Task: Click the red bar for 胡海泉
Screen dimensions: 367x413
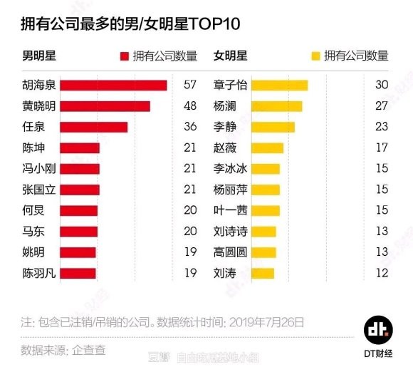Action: pos(113,86)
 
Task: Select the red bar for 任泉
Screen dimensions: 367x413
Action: pos(93,127)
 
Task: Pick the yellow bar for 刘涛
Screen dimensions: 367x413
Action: pos(263,273)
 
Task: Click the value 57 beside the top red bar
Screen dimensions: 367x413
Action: pos(189,86)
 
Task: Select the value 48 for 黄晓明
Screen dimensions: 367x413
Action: pos(189,106)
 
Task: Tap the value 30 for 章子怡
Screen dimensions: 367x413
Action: pos(381,86)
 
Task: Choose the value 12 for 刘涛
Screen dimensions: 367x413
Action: pos(381,273)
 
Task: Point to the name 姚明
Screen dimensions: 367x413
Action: pos(33,252)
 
